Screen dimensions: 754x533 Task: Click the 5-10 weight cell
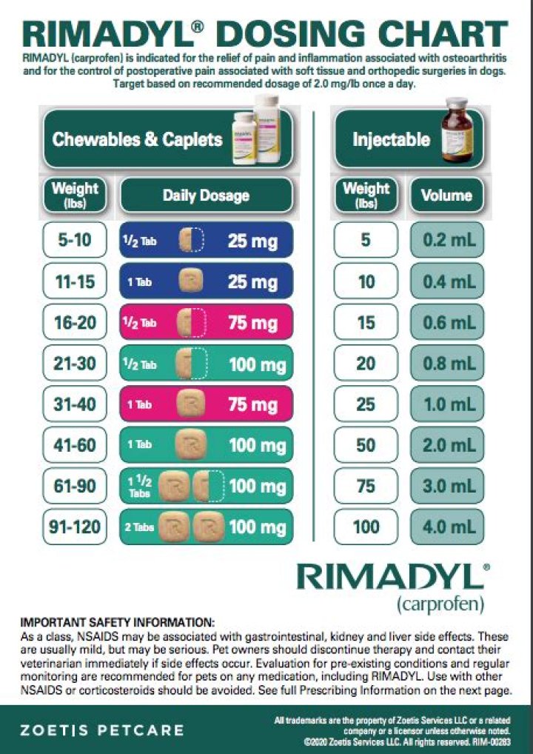point(75,240)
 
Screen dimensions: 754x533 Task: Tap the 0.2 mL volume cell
point(447,240)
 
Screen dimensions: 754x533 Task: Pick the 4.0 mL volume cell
point(447,527)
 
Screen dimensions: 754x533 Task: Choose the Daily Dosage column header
point(206,196)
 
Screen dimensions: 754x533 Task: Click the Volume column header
point(446,196)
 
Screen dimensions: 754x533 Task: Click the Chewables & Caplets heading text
point(138,139)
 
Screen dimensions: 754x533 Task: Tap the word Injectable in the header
point(391,139)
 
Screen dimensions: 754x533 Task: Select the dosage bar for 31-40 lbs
point(206,404)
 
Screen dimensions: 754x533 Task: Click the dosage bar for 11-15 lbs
point(206,281)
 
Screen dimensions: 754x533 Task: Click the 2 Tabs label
point(139,527)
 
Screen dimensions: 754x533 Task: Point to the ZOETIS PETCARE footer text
point(102,730)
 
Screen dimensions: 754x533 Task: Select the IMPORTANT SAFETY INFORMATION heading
point(117,621)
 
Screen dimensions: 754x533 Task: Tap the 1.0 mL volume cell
point(447,404)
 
